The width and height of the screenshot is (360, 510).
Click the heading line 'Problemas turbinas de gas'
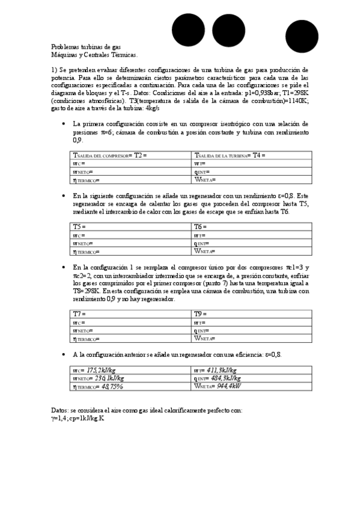(86, 47)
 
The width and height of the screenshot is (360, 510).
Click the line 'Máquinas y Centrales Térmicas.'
(94, 54)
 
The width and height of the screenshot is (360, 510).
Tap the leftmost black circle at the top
(188, 30)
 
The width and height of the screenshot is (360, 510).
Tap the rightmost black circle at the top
(302, 35)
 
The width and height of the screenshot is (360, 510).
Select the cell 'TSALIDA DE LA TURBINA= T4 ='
(252, 155)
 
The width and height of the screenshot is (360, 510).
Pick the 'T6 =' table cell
(252, 227)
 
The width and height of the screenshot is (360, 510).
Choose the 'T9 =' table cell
(252, 314)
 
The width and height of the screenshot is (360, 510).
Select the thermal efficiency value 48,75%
(112, 387)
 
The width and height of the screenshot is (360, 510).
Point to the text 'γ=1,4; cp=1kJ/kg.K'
(78, 418)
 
